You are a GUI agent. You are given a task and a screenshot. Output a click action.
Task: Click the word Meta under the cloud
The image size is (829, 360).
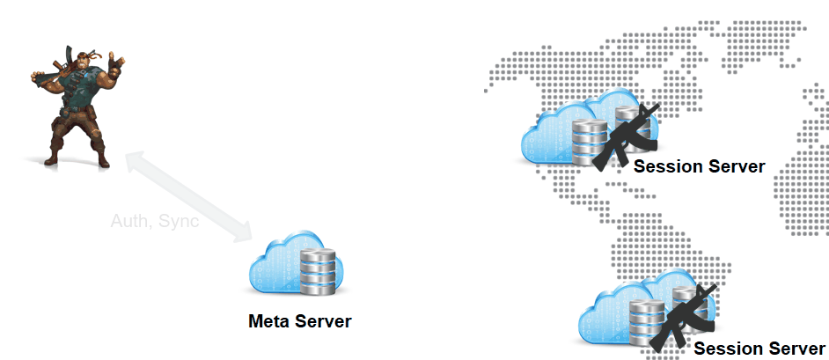point(267,321)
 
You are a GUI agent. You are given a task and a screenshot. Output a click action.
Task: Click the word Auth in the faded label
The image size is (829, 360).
point(130,221)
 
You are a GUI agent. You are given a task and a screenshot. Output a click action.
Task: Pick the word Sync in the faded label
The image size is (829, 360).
point(179,221)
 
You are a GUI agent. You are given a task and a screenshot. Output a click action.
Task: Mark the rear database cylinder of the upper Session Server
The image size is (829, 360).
point(626,119)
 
